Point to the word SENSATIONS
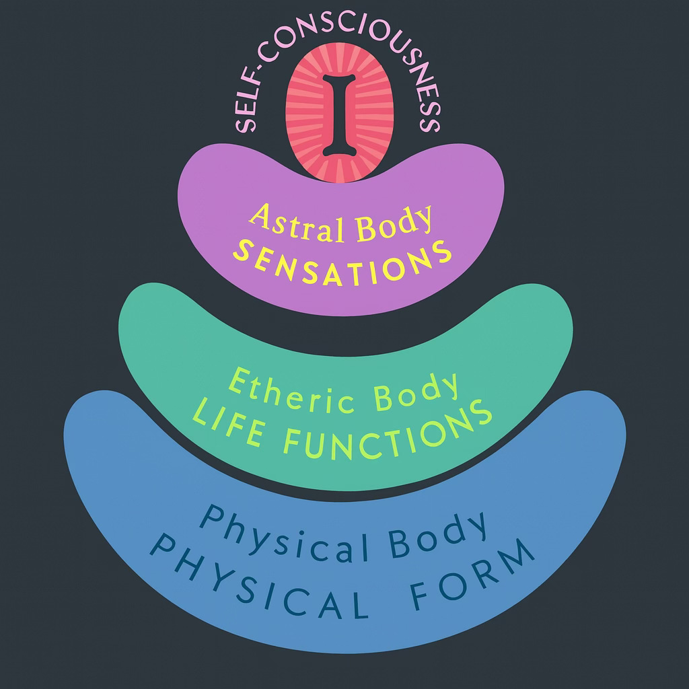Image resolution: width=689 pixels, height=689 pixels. click(x=341, y=260)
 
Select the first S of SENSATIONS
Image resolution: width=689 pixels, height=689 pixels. click(x=240, y=256)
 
